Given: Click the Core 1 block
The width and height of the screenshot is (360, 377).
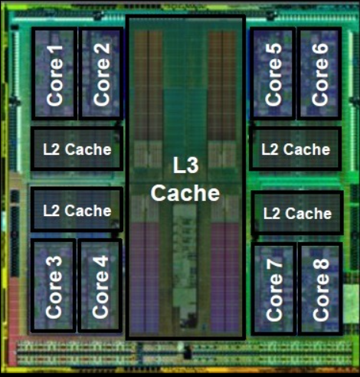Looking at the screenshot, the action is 54,74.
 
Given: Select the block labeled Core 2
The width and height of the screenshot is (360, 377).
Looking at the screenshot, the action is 101,74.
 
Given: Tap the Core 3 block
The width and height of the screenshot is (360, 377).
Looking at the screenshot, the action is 53,285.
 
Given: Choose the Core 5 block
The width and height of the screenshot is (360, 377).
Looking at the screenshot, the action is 273,74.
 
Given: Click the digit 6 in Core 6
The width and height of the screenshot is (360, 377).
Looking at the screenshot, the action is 320,51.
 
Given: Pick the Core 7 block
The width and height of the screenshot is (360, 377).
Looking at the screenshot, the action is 273,289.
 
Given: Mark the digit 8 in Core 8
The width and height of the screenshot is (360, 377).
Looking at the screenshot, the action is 321,267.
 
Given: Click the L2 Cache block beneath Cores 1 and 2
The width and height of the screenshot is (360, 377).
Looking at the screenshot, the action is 77,149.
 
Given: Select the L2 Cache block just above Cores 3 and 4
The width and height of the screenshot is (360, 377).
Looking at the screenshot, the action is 77,209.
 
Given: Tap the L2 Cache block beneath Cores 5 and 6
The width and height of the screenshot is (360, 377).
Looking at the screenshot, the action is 296,149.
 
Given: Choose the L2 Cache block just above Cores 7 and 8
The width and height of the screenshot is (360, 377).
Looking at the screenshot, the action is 297,213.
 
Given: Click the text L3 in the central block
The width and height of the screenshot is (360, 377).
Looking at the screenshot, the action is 185,165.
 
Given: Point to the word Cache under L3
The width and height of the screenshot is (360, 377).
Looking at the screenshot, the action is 185,193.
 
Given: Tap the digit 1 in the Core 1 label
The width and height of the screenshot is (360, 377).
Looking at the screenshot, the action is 54,51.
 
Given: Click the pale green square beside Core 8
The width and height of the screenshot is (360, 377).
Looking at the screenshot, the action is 351,303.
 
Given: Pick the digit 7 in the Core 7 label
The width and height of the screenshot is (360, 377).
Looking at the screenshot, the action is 274,267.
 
